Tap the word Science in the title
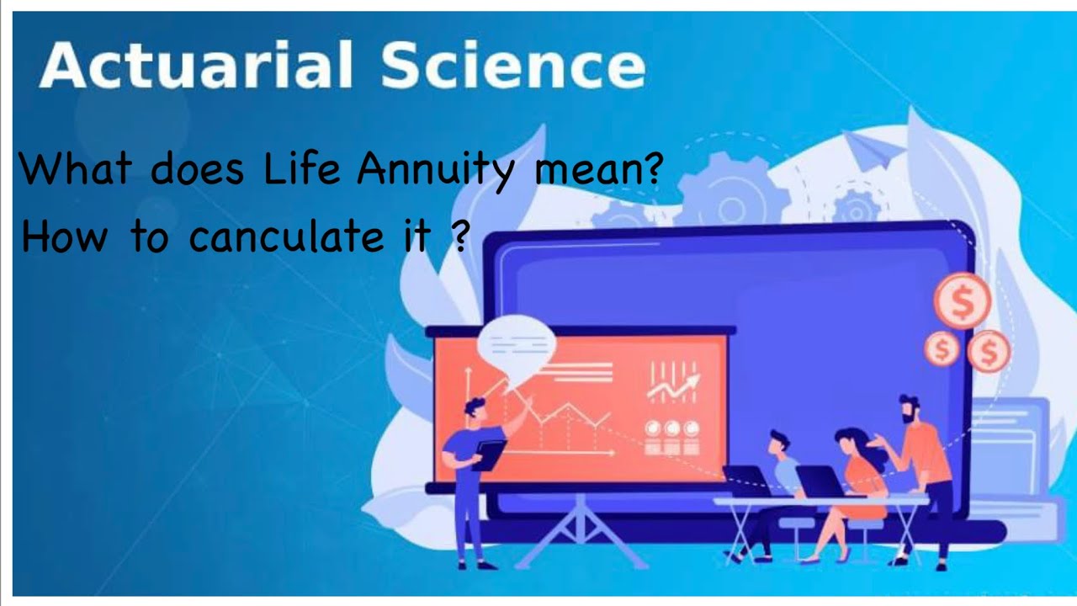512,66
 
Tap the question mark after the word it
459,237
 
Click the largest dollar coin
962,300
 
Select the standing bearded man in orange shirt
926,471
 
